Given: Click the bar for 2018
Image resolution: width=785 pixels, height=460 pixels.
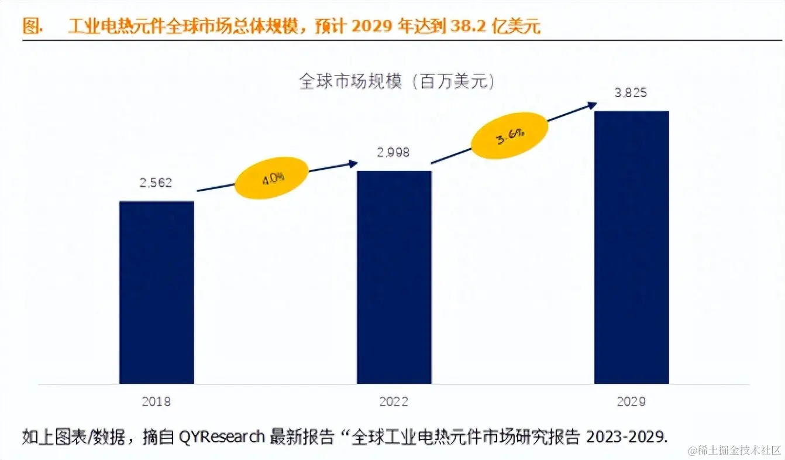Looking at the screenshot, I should click(x=156, y=292).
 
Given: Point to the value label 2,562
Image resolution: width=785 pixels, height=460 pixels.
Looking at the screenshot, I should click(x=156, y=183).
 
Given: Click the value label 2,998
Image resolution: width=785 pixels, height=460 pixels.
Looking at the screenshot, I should click(x=393, y=152).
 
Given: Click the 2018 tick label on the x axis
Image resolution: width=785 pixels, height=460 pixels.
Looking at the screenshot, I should click(x=156, y=402).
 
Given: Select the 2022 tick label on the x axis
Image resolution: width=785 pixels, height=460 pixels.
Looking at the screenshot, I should click(x=394, y=402).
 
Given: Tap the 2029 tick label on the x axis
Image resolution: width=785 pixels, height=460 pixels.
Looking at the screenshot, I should click(x=631, y=402).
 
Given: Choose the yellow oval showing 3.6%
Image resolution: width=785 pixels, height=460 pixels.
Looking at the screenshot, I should click(x=509, y=138).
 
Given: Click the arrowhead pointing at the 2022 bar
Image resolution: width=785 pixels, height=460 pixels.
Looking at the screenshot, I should click(x=353, y=164).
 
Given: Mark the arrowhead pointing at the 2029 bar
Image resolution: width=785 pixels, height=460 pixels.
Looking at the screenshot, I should click(x=593, y=105).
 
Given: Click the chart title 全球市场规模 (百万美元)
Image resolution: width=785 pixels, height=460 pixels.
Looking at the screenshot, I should click(x=397, y=81).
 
